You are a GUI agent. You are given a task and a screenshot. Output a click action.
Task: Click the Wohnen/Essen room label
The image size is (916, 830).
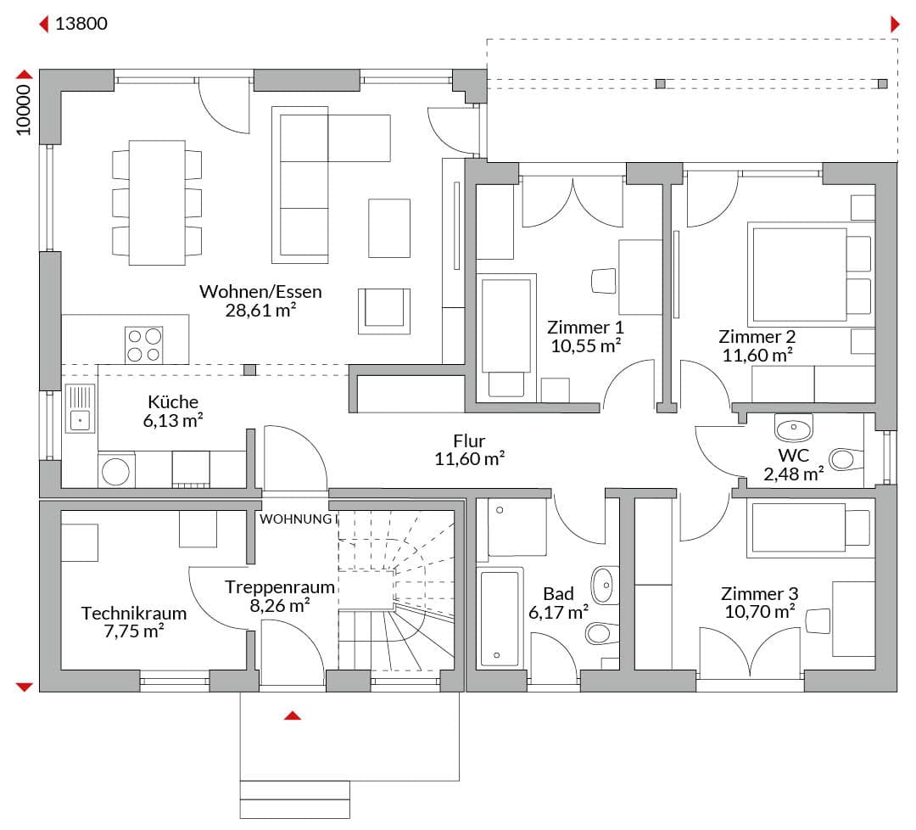click(260, 291)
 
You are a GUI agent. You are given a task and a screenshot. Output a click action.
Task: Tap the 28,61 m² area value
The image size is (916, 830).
click(260, 310)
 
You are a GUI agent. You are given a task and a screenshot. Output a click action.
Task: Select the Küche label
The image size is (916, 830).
click(173, 401)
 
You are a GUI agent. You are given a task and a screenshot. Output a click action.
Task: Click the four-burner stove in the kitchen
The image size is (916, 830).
click(143, 345)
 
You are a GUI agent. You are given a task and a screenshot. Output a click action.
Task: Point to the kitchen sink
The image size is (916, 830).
click(80, 408)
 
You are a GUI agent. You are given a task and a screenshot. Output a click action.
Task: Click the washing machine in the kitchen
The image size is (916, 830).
click(116, 470)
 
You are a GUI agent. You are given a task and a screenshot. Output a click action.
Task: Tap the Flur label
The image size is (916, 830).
click(469, 440)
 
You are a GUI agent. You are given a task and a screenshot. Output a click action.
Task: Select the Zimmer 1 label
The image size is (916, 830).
click(585, 327)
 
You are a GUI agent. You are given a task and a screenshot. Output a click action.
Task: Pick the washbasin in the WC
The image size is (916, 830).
click(793, 428)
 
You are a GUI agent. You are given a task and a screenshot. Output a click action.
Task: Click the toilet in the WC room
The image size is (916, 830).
click(846, 459)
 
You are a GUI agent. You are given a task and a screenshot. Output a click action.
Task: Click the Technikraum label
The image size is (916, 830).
click(134, 613)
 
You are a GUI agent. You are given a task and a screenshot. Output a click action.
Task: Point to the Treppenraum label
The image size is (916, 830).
click(280, 586)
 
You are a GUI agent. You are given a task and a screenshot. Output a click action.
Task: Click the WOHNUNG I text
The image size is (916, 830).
click(299, 519)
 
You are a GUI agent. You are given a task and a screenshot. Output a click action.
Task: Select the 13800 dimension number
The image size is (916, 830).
click(81, 24)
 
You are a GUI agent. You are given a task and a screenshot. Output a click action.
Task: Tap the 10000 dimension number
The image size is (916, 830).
click(24, 109)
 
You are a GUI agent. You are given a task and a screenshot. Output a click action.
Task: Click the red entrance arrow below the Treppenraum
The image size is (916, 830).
click(293, 715)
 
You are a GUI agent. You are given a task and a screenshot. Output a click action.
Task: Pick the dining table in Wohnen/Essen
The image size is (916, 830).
click(157, 202)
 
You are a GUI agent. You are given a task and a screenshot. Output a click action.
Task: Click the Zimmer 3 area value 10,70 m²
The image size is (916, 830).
click(759, 612)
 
